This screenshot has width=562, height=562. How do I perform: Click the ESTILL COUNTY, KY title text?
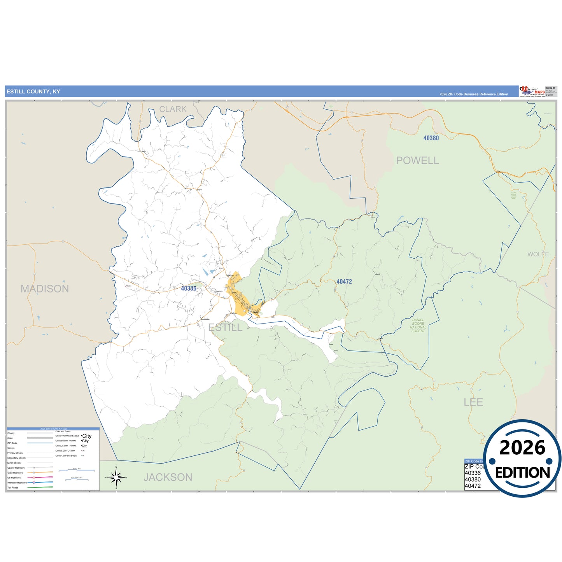(33, 92)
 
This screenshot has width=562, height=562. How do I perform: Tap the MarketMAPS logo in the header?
(532, 91)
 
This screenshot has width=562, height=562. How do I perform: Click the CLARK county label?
(173, 109)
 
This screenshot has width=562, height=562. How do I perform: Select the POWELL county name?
(417, 161)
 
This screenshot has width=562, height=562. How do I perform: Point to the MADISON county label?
(45, 289)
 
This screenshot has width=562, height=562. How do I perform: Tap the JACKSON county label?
(168, 477)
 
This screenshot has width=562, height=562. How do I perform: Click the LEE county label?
(473, 402)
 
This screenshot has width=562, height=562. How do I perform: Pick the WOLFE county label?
(538, 254)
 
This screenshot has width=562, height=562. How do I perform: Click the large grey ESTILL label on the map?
(225, 327)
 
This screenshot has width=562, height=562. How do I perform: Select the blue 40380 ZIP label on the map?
(431, 138)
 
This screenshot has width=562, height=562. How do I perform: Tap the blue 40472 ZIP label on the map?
(344, 282)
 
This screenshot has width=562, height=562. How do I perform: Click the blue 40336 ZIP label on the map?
(189, 288)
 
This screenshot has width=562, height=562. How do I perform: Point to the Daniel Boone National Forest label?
(418, 326)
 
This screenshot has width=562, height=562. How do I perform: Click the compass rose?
(116, 477)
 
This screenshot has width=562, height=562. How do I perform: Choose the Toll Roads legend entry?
(13, 488)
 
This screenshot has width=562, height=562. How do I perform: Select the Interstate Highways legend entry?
(17, 483)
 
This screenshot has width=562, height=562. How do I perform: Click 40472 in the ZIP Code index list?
(473, 486)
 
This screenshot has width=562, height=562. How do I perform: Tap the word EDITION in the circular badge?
(522, 473)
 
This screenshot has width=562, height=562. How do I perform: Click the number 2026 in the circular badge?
(522, 448)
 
